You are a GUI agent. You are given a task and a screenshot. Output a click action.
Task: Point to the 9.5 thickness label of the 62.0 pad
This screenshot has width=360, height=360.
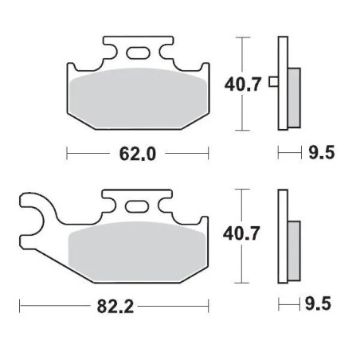(320, 153)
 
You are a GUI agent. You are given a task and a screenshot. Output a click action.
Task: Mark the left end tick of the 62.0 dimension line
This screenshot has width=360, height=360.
(67, 152)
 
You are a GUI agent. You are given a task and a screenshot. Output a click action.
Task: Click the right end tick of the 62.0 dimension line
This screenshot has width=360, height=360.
(209, 152)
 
